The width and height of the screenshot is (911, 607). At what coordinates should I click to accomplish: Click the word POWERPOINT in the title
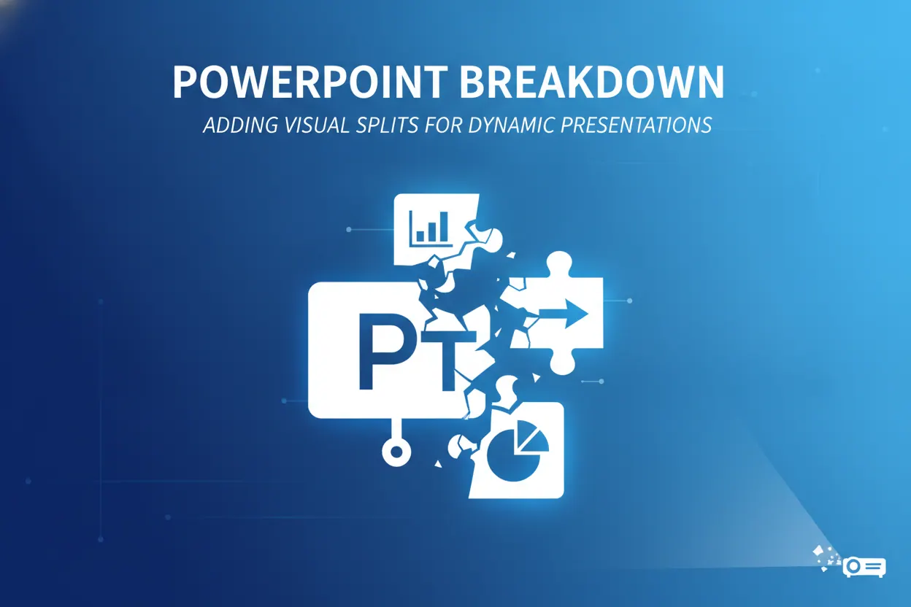click(x=310, y=81)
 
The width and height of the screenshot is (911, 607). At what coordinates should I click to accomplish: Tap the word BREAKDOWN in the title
click(x=592, y=81)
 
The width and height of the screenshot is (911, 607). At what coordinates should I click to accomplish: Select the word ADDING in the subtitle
click(x=241, y=125)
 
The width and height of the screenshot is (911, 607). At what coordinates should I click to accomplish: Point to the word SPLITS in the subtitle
click(x=387, y=125)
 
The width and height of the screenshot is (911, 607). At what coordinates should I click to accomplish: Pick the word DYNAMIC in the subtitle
click(x=512, y=125)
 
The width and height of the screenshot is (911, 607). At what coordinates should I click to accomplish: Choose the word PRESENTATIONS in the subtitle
click(x=637, y=125)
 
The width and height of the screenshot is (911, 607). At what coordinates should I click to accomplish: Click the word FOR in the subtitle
click(x=443, y=125)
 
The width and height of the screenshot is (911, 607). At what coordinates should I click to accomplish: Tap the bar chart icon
click(x=431, y=229)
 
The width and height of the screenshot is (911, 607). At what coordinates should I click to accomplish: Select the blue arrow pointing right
click(x=564, y=314)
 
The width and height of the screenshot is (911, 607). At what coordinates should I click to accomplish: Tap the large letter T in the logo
click(x=449, y=357)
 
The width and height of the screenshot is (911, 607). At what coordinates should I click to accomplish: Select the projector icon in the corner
click(x=864, y=567)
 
